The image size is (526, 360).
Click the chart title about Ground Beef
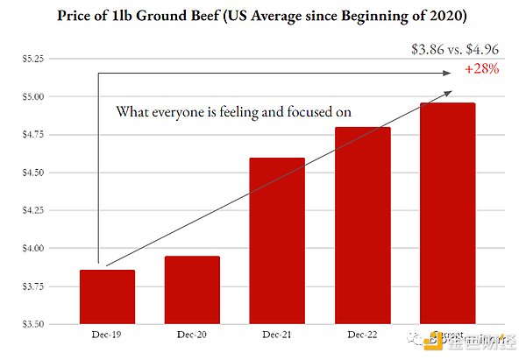click(x=263, y=16)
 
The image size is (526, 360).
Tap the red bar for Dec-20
click(x=192, y=290)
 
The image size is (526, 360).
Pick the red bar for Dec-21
click(x=277, y=241)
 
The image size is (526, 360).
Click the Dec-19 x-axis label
click(x=107, y=335)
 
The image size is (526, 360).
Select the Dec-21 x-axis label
click(x=277, y=335)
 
